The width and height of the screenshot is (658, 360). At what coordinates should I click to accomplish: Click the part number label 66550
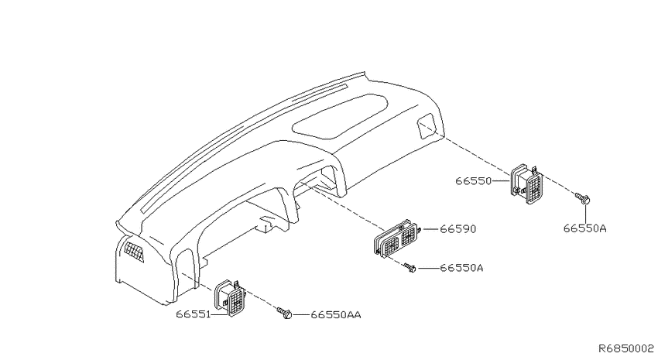tap(473, 181)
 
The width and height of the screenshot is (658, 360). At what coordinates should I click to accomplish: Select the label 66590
tap(458, 229)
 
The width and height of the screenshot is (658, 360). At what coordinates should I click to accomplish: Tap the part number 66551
tap(193, 314)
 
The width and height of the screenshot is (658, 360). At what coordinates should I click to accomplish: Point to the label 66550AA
tap(336, 314)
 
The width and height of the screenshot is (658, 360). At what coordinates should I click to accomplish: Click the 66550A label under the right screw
tap(584, 228)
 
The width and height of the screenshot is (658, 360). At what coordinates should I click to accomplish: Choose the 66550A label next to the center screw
tap(461, 268)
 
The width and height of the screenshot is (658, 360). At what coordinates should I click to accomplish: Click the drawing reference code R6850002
tap(625, 348)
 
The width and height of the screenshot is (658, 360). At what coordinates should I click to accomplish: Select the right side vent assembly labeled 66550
tap(526, 183)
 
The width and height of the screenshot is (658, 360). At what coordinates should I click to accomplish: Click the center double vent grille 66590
tap(397, 238)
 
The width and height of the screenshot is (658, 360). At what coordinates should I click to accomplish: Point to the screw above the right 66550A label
tap(583, 198)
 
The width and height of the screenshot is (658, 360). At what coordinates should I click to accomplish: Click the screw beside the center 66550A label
tap(410, 268)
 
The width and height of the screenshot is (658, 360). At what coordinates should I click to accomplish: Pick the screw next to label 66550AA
tap(285, 313)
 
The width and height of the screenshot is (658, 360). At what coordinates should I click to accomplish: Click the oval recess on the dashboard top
tap(341, 116)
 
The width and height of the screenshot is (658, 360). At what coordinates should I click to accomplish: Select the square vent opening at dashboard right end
tap(427, 125)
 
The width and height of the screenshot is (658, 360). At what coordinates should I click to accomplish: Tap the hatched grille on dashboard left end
tap(134, 252)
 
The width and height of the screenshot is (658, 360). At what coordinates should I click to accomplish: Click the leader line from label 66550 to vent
tap(501, 181)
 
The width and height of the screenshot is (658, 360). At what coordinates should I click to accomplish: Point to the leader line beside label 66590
tap(430, 229)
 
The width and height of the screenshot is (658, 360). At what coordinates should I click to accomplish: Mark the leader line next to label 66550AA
tap(300, 314)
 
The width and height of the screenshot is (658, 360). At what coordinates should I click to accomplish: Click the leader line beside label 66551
tap(219, 314)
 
